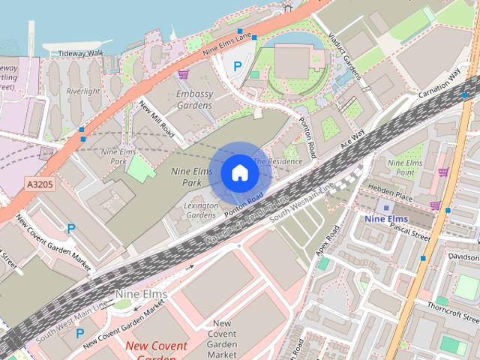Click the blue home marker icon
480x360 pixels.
[x=239, y=173]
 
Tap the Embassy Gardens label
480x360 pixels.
[x=194, y=100]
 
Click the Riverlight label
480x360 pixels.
[x=82, y=91]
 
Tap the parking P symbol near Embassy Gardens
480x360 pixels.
[x=238, y=66]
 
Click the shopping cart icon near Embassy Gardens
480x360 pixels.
[x=184, y=74]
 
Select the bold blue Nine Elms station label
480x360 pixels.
[x=385, y=219]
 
